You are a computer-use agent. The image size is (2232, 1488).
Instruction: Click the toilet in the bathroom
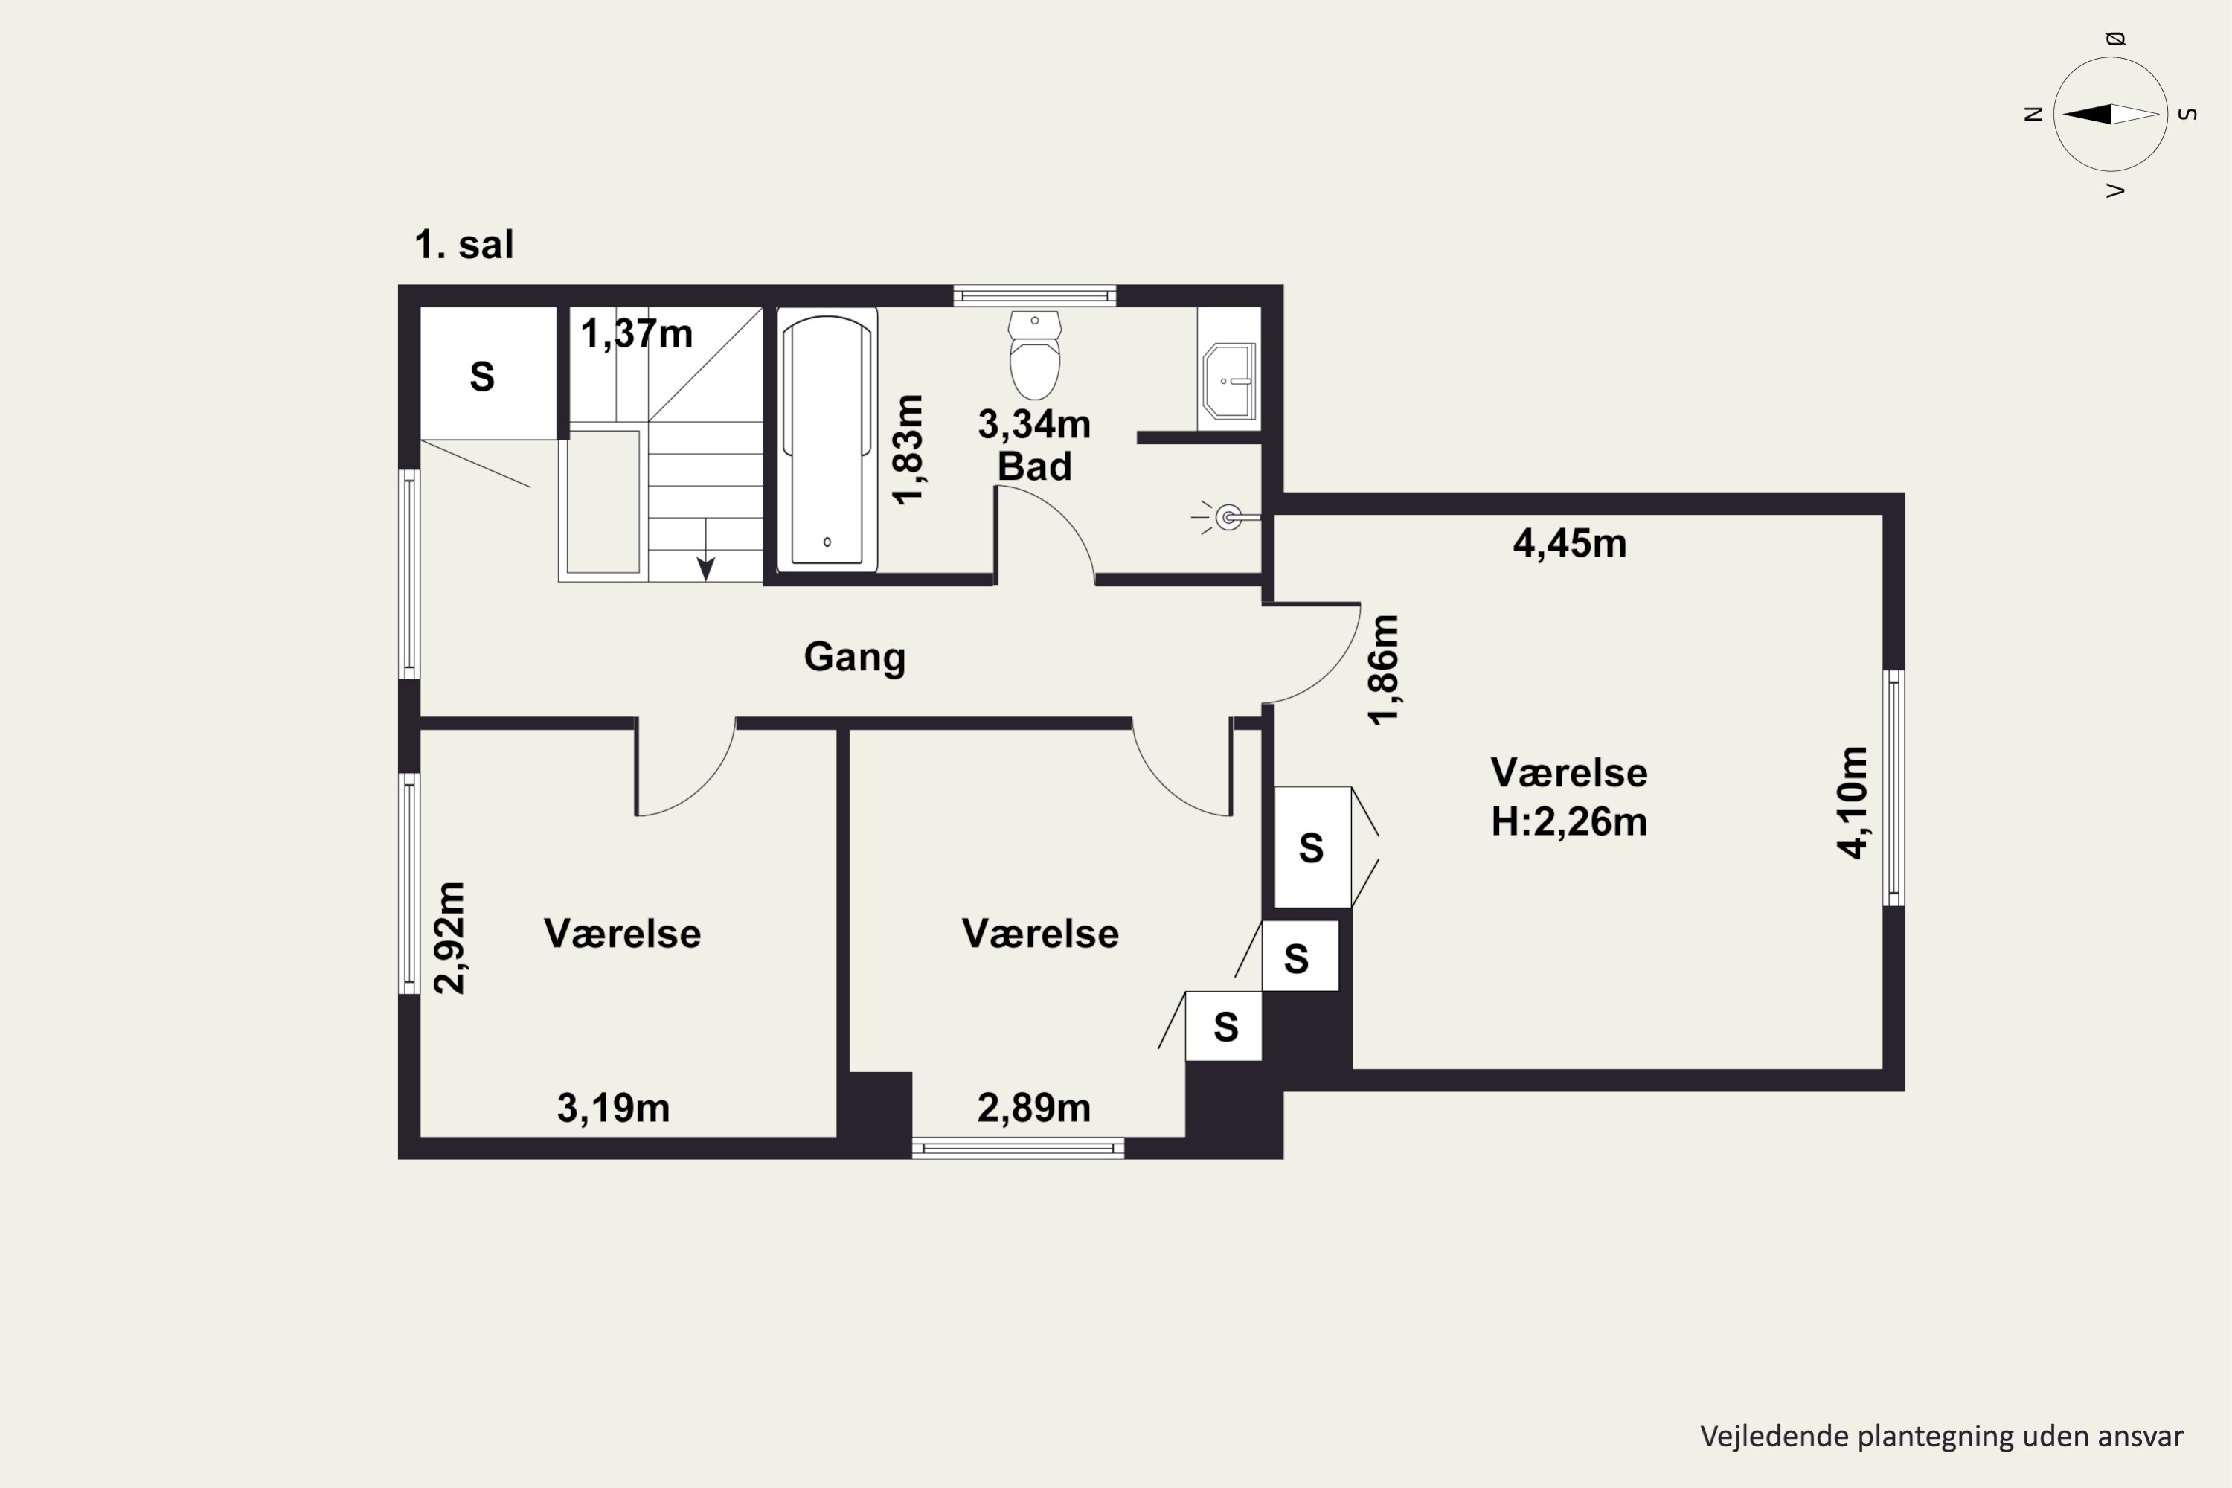pyautogui.click(x=1034, y=355)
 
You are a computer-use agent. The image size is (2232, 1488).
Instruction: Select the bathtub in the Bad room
pyautogui.click(x=827, y=440)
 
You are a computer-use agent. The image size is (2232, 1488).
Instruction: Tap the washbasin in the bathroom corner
pyautogui.click(x=1230, y=382)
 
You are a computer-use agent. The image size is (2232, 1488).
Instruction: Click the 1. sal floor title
pyautogui.click(x=464, y=245)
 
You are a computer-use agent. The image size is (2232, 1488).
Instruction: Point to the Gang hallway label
pyautogui.click(x=854, y=658)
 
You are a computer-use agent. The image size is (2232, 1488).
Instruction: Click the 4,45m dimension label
pyautogui.click(x=1570, y=544)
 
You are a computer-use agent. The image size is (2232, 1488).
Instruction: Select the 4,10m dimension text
pyautogui.click(x=1853, y=803)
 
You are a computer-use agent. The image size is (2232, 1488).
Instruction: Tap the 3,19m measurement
pyautogui.click(x=613, y=1109)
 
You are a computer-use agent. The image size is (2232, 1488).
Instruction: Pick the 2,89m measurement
pyautogui.click(x=1033, y=1109)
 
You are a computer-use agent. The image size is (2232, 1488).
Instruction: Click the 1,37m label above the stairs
pyautogui.click(x=636, y=334)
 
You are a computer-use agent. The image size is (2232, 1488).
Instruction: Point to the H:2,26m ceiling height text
pyautogui.click(x=1568, y=822)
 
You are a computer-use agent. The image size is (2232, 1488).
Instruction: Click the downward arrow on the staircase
pyautogui.click(x=706, y=551)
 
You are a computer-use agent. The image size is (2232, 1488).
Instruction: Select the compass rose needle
pyautogui.click(x=2111, y=114)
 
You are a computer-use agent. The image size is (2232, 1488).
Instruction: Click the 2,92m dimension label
pyautogui.click(x=450, y=937)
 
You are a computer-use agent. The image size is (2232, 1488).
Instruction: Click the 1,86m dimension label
pyautogui.click(x=1384, y=670)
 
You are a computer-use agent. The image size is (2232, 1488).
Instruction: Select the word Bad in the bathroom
pyautogui.click(x=1034, y=467)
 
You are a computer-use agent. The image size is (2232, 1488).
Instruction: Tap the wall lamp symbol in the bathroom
pyautogui.click(x=1226, y=517)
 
